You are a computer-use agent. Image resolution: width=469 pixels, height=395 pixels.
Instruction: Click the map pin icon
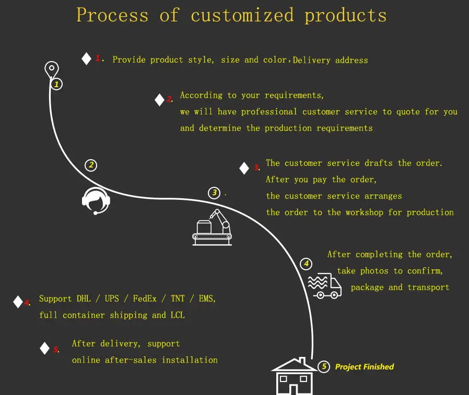pyautogui.click(x=51, y=69)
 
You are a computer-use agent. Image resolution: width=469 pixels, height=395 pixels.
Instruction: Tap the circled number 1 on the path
pyautogui.click(x=56, y=84)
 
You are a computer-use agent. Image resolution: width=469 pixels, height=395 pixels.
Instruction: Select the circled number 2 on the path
pyautogui.click(x=91, y=165)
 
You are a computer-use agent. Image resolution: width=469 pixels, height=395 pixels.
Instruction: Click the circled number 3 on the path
pyautogui.click(x=214, y=193)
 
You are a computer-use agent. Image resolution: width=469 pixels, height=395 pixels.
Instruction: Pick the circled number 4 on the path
pyautogui.click(x=306, y=264)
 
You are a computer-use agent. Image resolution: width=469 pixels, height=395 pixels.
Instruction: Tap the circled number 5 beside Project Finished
pyautogui.click(x=324, y=367)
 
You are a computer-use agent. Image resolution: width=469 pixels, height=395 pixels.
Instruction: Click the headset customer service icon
pyautogui.click(x=96, y=200)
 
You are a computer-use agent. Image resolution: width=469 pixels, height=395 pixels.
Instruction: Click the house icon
pyautogui.click(x=293, y=377)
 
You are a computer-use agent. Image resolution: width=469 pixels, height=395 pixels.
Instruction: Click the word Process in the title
pyautogui.click(x=112, y=15)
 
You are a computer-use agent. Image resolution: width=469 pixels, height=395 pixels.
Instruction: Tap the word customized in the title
pyautogui.click(x=242, y=15)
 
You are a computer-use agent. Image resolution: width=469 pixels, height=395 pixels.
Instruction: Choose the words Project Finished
pyautogui.click(x=365, y=367)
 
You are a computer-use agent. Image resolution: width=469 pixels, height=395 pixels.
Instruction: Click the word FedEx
pyautogui.click(x=145, y=299)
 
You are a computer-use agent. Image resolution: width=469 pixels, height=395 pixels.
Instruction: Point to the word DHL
pyautogui.click(x=84, y=299)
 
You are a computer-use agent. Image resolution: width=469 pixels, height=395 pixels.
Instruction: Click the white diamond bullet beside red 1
pyautogui.click(x=87, y=59)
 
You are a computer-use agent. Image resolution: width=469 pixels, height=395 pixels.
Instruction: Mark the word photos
pyautogui.click(x=374, y=271)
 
